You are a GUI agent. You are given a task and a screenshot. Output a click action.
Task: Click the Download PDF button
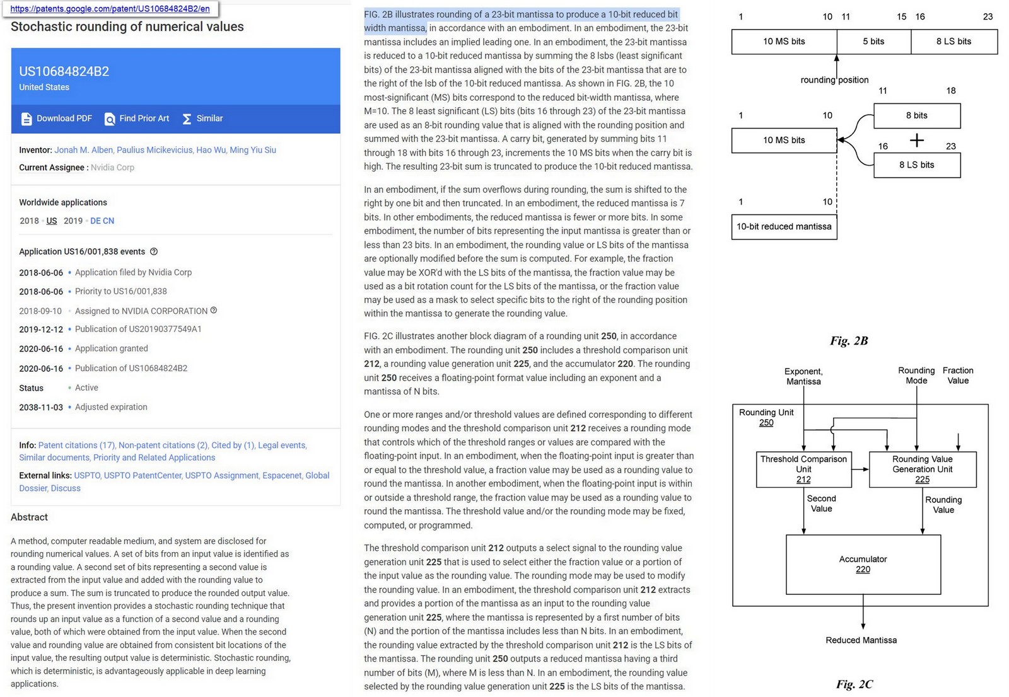(x=57, y=118)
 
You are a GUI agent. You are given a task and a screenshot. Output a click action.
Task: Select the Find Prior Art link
(x=137, y=118)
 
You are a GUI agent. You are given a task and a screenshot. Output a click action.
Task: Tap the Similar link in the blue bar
(x=202, y=118)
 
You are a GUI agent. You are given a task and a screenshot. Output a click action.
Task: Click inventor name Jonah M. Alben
(x=83, y=150)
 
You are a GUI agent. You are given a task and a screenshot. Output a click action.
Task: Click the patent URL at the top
(x=110, y=9)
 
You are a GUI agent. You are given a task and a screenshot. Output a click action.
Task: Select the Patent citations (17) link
(x=76, y=445)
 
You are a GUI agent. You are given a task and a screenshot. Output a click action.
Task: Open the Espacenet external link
(x=282, y=475)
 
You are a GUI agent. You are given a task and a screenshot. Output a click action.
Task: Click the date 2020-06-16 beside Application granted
(x=41, y=348)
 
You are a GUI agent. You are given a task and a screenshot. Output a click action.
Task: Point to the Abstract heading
(x=29, y=517)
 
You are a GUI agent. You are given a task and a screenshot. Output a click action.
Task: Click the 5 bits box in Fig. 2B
(x=873, y=42)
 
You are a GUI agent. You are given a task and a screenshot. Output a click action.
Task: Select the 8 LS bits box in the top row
(x=954, y=42)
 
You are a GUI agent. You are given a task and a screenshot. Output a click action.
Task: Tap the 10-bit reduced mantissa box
(x=784, y=227)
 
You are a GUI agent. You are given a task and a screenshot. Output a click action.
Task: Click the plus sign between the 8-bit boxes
(x=917, y=140)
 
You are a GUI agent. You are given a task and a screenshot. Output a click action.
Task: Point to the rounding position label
(x=834, y=80)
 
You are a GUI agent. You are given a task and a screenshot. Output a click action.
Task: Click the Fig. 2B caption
(x=849, y=341)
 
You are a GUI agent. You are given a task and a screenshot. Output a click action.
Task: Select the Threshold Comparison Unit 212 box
(x=803, y=469)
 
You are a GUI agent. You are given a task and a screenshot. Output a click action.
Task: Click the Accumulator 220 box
(x=863, y=564)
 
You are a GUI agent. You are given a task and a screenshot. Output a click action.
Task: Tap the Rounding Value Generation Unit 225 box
(x=922, y=469)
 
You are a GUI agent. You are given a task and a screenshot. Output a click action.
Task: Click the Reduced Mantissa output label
(x=861, y=640)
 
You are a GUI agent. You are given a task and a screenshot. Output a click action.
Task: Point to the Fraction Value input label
(x=957, y=376)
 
